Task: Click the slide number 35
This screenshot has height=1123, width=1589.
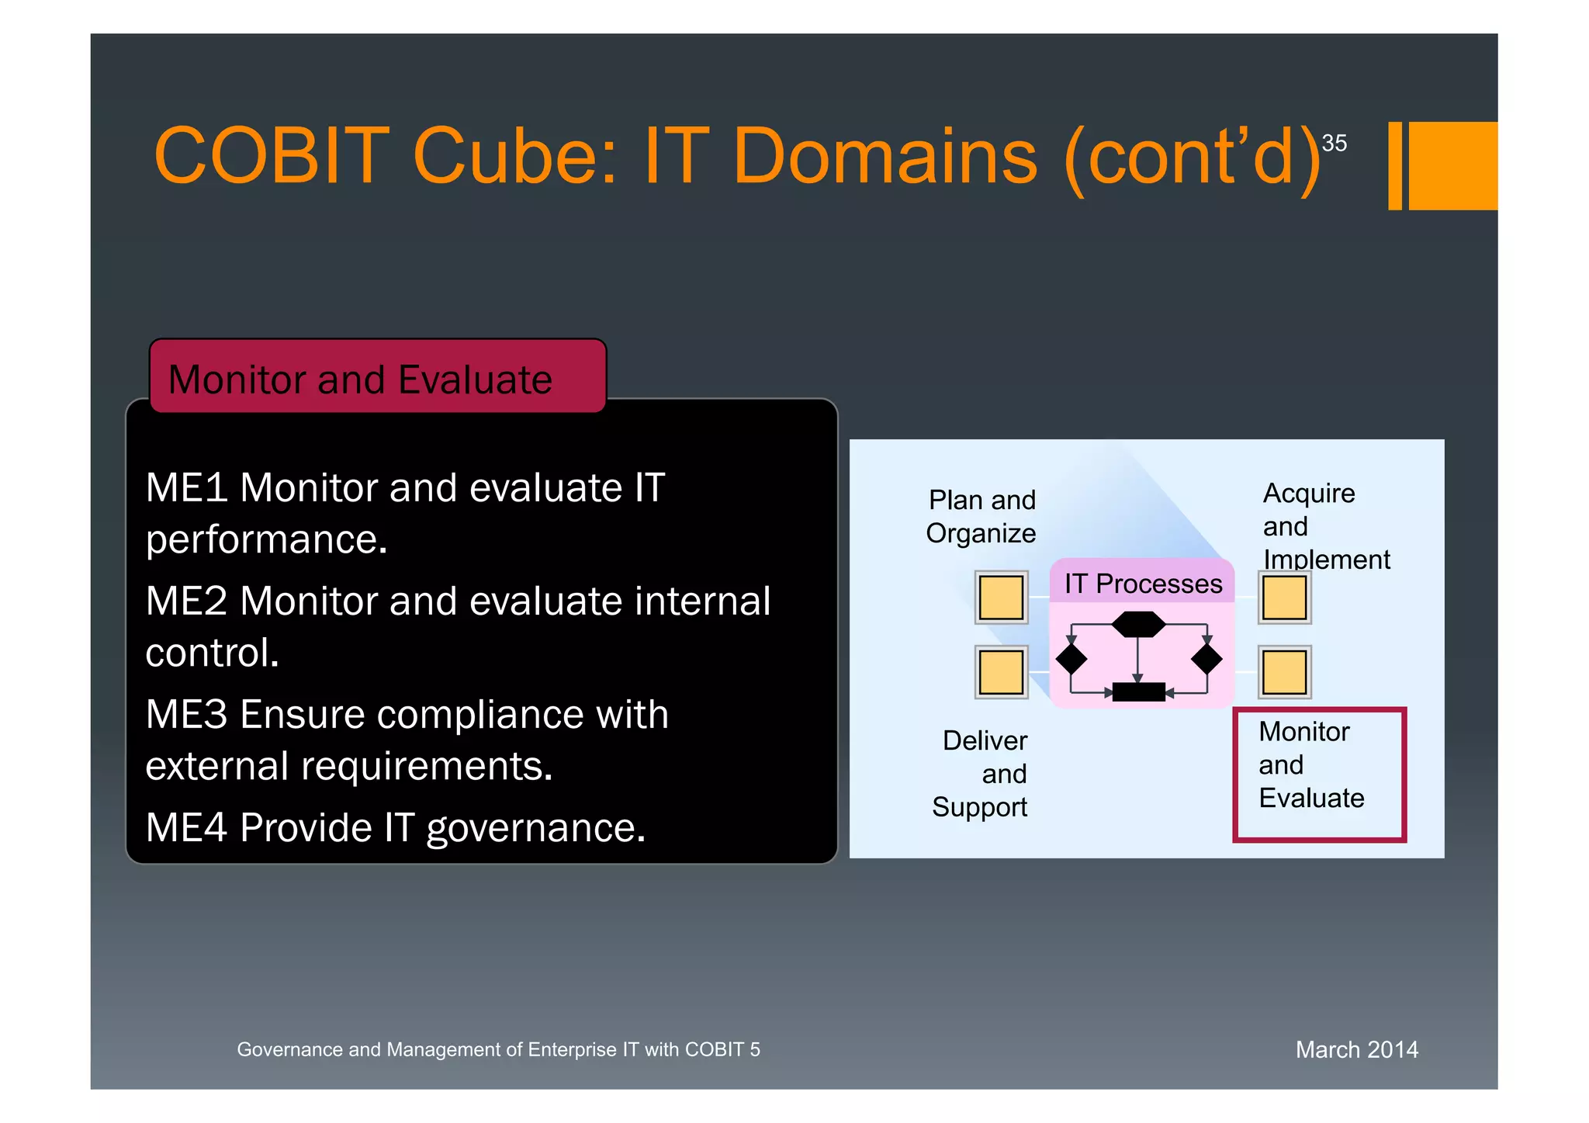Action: [1334, 143]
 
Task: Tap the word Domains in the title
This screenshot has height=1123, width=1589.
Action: [884, 157]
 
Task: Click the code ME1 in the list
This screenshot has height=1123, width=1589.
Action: [186, 488]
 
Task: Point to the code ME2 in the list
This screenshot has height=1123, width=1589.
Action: [186, 601]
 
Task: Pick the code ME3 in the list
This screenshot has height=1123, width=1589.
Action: [186, 715]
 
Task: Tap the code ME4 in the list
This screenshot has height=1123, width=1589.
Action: [186, 827]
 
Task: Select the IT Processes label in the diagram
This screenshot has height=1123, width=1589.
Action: [1143, 584]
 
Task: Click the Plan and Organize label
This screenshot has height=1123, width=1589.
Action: [981, 516]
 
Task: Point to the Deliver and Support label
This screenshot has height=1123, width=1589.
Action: [982, 774]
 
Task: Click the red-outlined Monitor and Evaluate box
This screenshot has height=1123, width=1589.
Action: [1319, 775]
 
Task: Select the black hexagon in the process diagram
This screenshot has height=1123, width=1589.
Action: [1138, 624]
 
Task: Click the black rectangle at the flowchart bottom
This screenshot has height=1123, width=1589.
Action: [1138, 691]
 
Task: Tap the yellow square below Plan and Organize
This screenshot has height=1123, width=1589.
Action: [1001, 598]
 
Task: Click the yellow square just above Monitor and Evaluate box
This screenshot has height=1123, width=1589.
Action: [1284, 672]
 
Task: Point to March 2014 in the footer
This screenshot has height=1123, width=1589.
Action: [1356, 1049]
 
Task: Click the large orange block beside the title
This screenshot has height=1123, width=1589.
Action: [1452, 165]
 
